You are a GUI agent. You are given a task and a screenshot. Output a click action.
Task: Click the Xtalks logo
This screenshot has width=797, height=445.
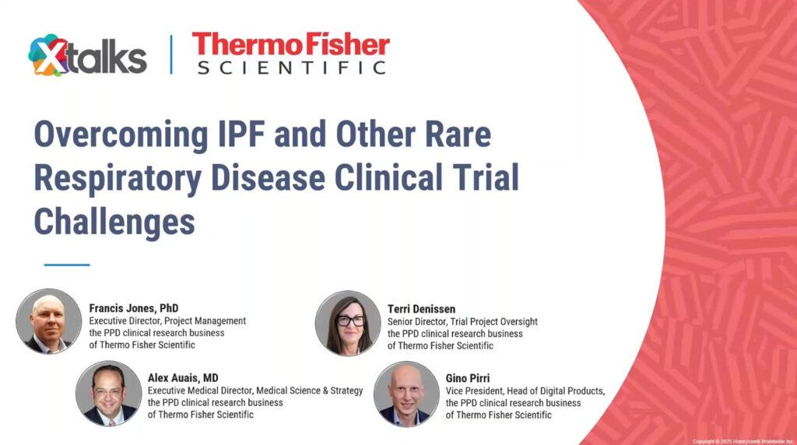(x=87, y=56)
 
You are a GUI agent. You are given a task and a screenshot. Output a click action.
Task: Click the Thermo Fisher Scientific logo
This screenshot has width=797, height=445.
(x=290, y=53)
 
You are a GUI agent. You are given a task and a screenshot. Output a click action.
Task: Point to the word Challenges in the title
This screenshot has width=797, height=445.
(x=114, y=221)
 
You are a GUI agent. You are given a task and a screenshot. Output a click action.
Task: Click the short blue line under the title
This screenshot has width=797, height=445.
(x=67, y=265)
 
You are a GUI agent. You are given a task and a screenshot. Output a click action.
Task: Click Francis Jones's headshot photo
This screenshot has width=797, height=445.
(x=48, y=321)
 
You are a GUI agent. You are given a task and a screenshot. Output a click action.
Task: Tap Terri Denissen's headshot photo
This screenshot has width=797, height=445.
(x=348, y=323)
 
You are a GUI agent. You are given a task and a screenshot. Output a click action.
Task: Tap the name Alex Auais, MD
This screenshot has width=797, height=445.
(x=183, y=378)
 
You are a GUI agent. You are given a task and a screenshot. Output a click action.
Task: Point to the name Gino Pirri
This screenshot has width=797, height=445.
(x=469, y=378)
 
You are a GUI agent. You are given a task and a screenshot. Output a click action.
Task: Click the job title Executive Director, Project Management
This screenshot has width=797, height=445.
(x=167, y=321)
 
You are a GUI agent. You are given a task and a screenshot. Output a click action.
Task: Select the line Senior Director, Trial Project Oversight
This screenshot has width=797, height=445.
(x=462, y=321)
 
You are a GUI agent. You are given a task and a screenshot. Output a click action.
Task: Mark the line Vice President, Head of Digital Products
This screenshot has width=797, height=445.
(x=525, y=391)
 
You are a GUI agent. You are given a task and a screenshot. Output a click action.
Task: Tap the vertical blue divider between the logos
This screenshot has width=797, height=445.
(x=171, y=54)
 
